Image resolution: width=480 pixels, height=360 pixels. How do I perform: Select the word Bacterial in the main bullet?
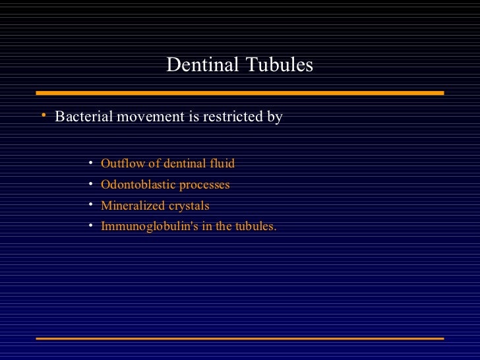tap(83, 117)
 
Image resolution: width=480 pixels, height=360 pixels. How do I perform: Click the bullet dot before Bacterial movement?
tap(42, 116)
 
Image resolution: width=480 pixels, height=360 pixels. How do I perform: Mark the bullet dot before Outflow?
tap(91, 163)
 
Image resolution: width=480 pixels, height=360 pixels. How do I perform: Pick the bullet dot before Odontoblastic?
tap(91, 184)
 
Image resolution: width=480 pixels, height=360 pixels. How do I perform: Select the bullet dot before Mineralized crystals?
tap(91, 205)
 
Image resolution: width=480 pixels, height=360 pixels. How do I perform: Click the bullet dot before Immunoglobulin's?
tap(91, 225)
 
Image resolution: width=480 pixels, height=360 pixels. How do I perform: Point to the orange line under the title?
tap(239, 93)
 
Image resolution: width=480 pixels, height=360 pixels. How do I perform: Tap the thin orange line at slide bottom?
tap(239, 338)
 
